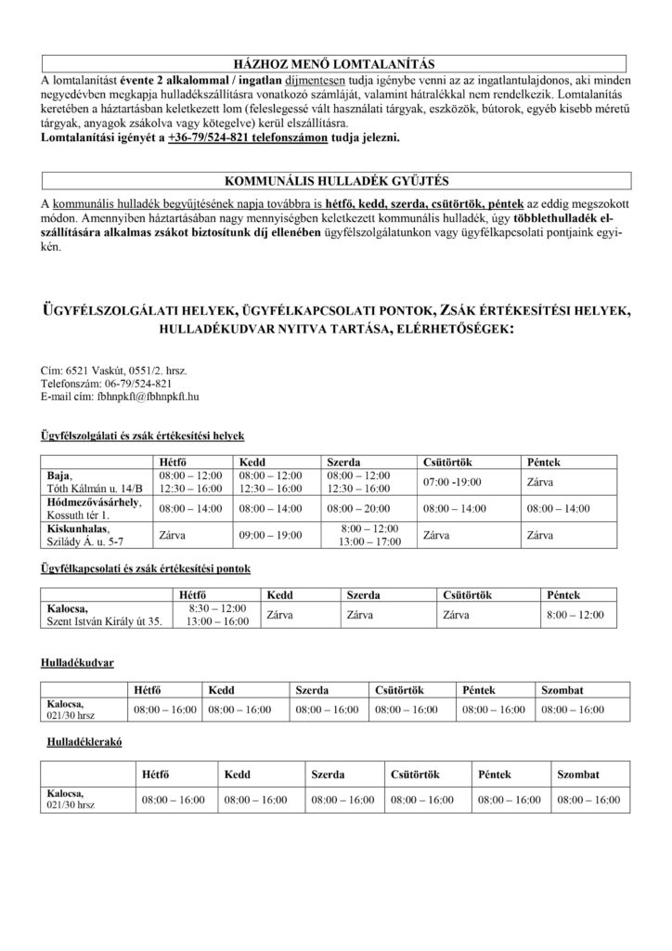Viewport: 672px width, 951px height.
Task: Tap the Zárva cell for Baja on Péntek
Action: coord(540,482)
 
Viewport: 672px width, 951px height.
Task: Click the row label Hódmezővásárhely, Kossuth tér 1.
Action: coord(94,509)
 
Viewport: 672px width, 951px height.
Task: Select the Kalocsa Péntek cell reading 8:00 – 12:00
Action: coord(575,614)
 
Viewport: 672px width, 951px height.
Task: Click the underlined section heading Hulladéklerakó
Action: coord(85,744)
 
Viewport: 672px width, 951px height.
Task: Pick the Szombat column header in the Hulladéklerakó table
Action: coord(577,774)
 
